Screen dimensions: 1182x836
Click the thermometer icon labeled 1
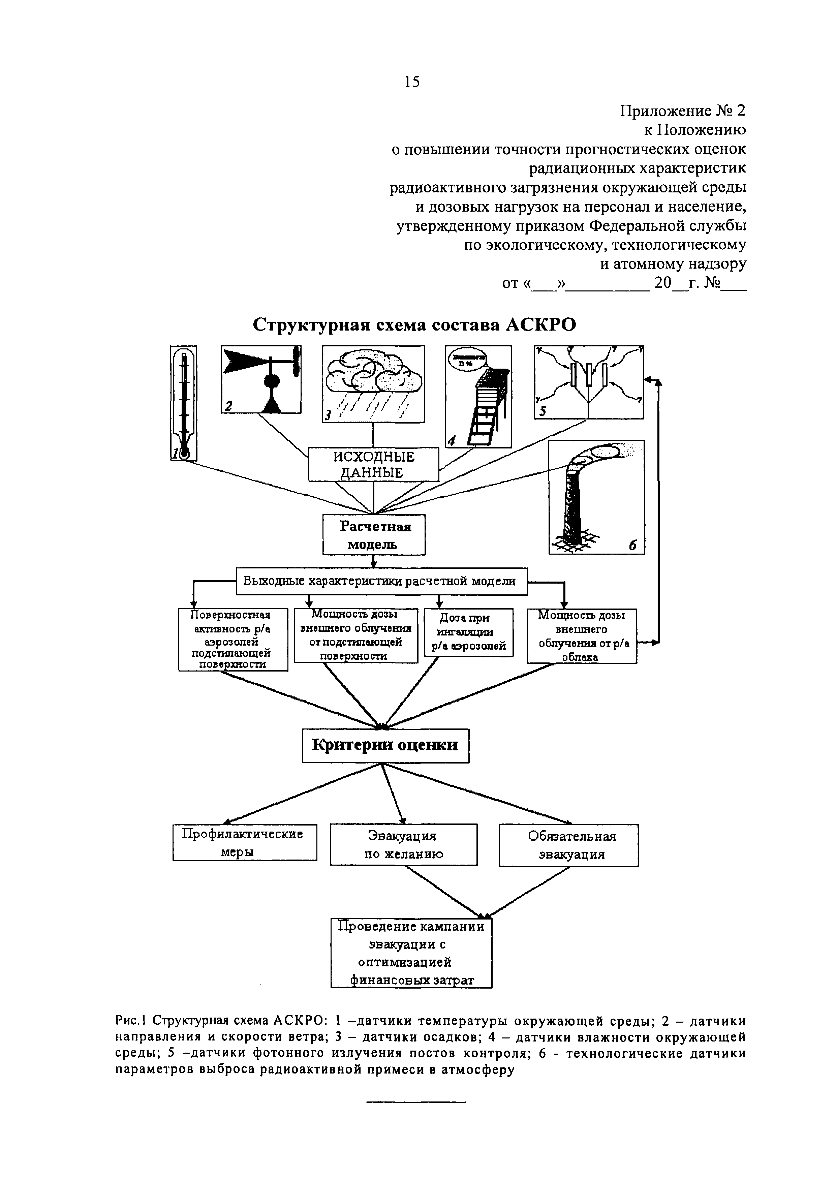click(184, 403)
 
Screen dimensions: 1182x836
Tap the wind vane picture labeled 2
click(261, 379)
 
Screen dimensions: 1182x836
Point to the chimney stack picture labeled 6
click(597, 497)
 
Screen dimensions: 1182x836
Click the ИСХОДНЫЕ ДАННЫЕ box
click(374, 464)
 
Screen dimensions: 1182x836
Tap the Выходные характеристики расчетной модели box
click(381, 581)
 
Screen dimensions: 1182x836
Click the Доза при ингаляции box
click(468, 632)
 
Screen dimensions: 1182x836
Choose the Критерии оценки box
click(385, 745)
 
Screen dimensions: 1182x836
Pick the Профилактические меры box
click(245, 842)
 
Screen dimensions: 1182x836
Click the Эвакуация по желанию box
click(404, 845)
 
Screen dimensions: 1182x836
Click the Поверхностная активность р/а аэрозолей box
click(233, 640)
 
